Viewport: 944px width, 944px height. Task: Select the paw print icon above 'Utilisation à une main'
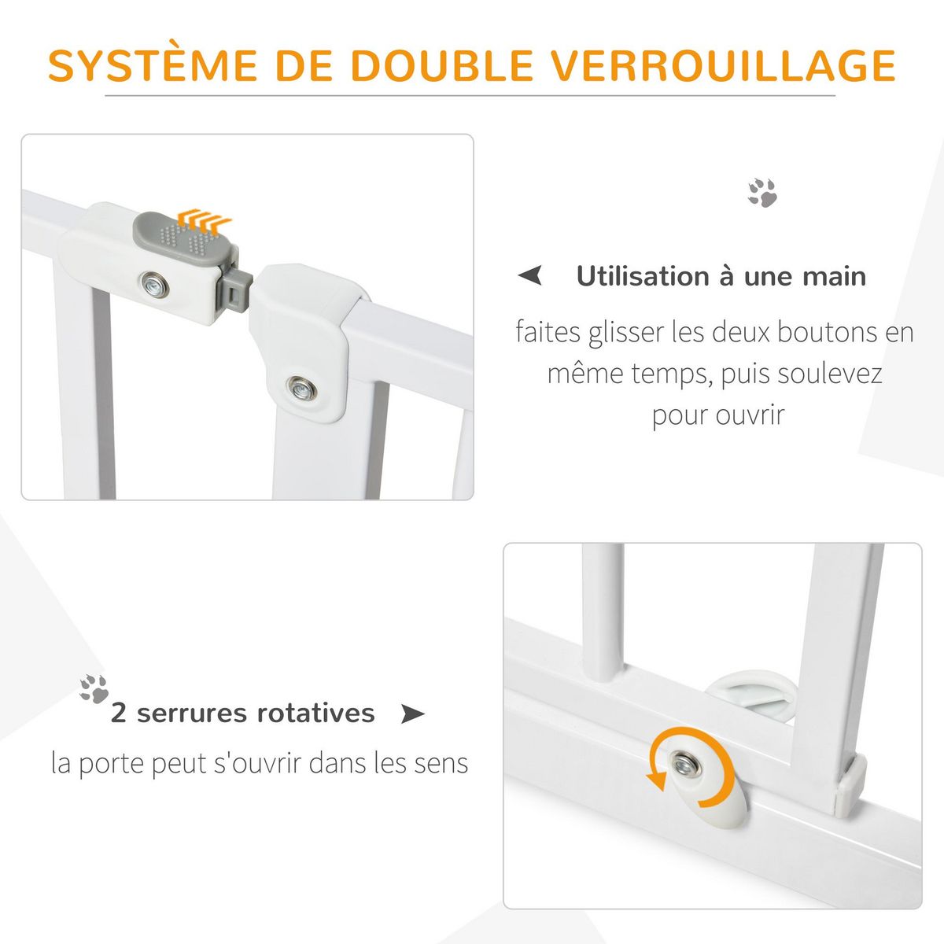point(762,193)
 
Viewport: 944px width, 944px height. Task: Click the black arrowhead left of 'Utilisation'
point(531,276)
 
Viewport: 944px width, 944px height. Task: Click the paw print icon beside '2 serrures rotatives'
point(94,688)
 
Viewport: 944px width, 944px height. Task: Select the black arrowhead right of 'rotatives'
point(412,714)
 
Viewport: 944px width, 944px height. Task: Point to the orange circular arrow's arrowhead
point(655,780)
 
